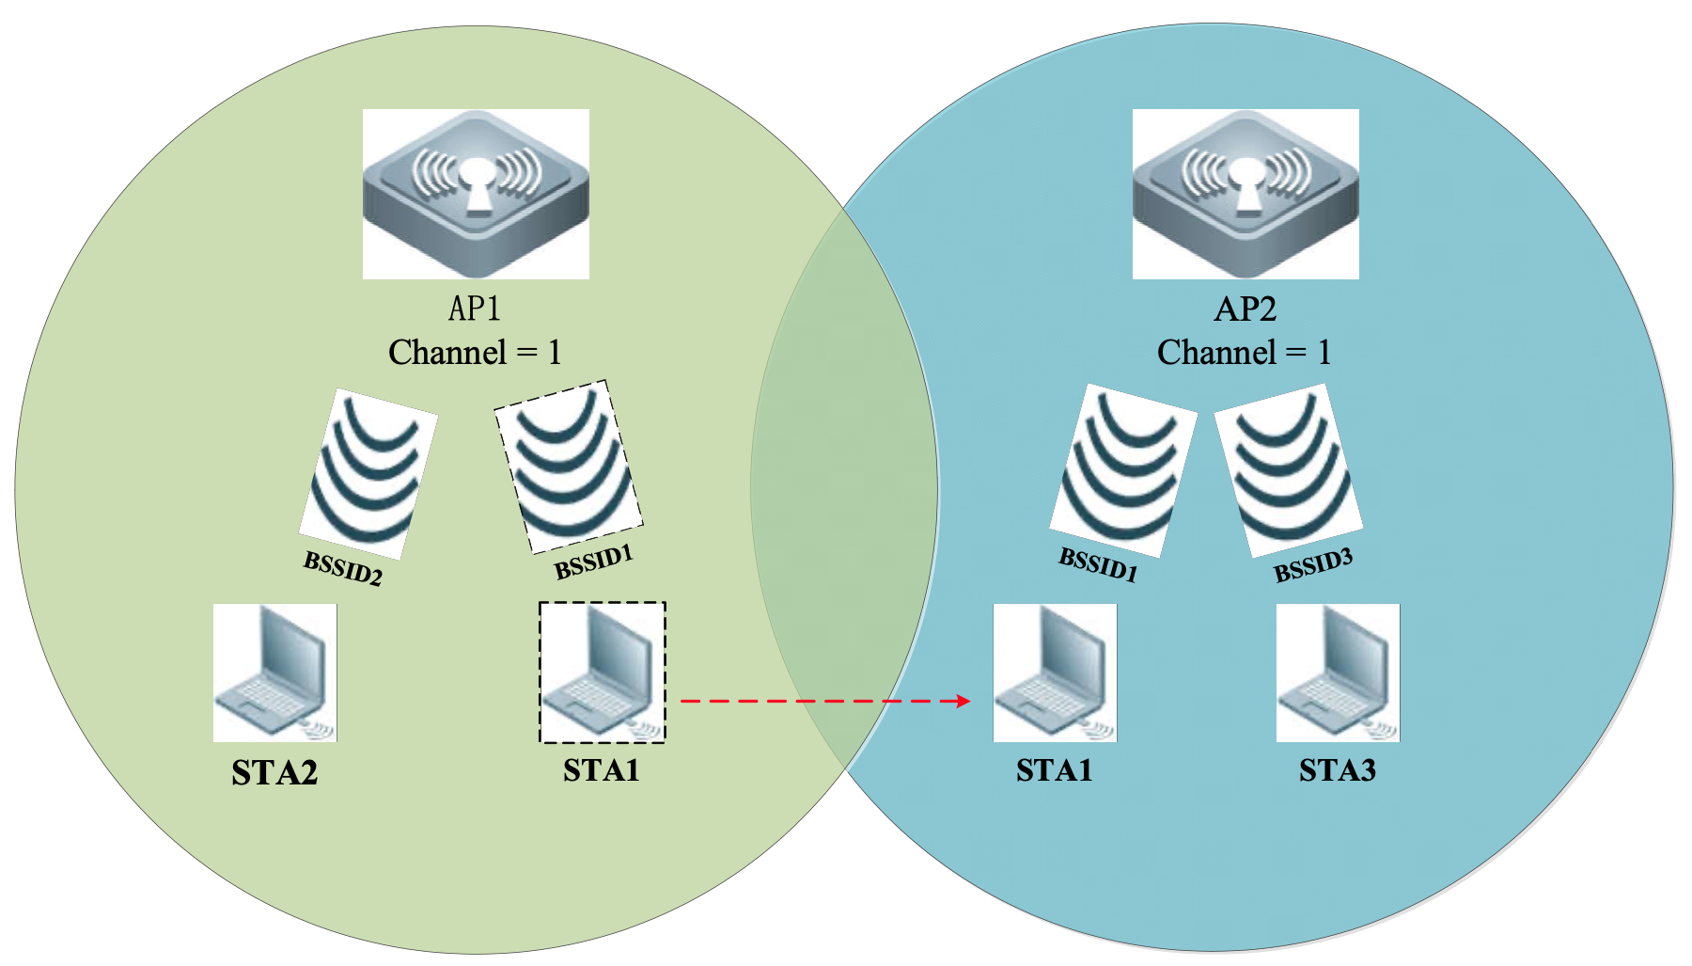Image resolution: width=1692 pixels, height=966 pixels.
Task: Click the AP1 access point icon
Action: coord(476,194)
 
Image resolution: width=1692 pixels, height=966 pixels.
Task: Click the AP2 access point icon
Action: coord(1245,194)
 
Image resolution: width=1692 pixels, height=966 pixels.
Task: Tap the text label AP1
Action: coord(475,309)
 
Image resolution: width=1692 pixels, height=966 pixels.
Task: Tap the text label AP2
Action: coord(1245,309)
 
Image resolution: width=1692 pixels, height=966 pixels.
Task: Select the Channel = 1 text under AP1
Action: coord(475,353)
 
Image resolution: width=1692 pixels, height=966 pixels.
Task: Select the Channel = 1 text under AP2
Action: coord(1244,353)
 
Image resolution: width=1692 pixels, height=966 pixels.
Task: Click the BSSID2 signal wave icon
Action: coord(368,473)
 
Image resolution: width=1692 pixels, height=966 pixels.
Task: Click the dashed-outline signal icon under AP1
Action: coord(569,467)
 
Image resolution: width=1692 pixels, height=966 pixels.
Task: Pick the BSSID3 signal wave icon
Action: coord(1289,469)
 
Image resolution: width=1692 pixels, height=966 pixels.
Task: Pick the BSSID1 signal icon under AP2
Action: coord(1122,469)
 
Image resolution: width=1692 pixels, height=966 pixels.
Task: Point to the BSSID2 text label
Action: coord(343,568)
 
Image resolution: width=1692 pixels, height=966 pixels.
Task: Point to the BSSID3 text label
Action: coord(1313,565)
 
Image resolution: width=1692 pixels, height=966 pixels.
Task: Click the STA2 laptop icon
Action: coord(274,673)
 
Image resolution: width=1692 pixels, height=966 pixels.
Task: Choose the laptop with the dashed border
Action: coord(603,673)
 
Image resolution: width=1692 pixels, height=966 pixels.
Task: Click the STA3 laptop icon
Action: coord(1338,673)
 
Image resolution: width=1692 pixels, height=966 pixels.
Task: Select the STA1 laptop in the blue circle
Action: coord(1055,673)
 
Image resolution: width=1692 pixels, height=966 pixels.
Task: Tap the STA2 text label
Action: coord(274,773)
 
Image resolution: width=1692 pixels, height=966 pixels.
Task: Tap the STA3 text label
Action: coord(1338,770)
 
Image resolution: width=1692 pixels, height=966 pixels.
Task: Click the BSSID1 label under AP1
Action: coord(594,562)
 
